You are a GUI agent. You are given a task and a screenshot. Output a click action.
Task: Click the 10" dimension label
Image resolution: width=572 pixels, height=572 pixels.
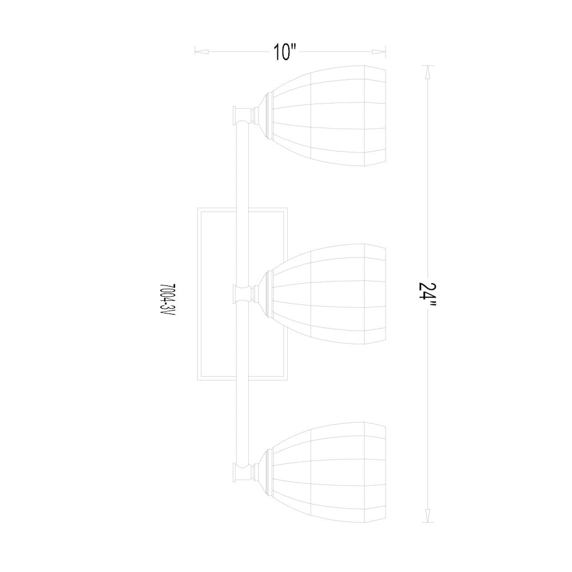pos(284,52)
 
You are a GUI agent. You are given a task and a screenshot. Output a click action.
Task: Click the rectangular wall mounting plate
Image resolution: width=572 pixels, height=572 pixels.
pos(242,294)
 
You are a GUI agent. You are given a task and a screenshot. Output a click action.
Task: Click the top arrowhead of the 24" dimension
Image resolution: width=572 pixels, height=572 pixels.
pos(427,72)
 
